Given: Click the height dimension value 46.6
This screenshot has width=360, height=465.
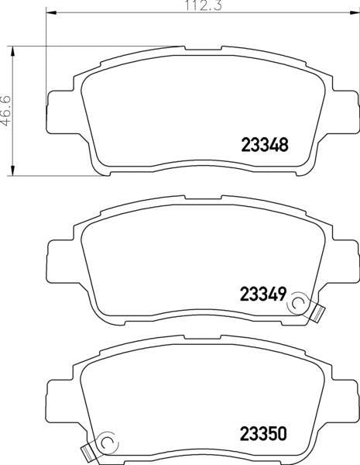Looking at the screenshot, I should click(7, 111).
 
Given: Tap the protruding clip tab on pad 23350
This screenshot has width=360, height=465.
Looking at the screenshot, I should click(88, 449).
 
